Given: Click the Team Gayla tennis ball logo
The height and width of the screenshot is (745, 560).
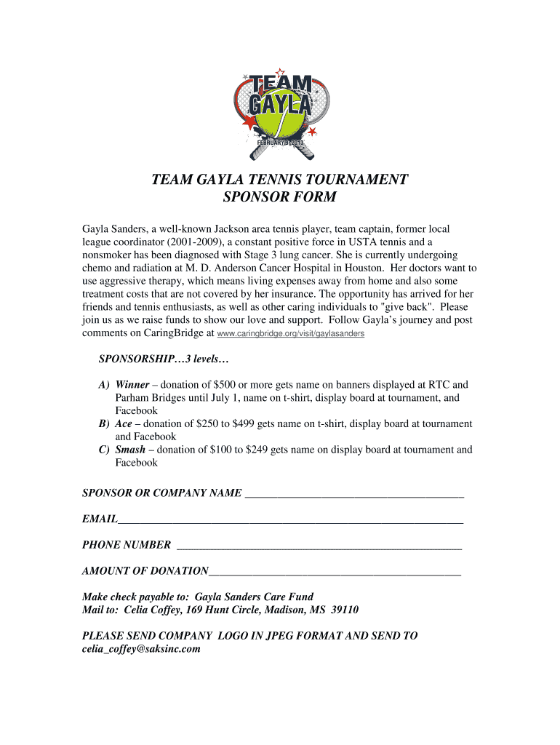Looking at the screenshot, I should tap(279, 114).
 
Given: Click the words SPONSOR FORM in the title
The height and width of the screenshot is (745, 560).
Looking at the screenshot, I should tap(279, 197).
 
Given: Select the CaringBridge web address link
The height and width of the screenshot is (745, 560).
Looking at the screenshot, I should tap(291, 334).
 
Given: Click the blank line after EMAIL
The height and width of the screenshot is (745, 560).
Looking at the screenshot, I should tap(291, 519).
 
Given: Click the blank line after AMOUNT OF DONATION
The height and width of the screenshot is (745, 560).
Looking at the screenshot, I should tap(335, 571).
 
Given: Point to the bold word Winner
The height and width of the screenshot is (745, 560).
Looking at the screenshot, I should tap(132, 385).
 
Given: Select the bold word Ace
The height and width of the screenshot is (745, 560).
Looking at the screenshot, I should tap(124, 423).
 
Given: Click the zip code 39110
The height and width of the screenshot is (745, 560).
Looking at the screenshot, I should tap(343, 610).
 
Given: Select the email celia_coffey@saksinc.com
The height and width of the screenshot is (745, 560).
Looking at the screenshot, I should tap(141, 649).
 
